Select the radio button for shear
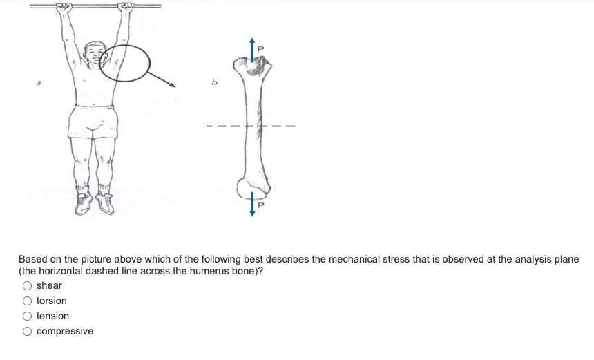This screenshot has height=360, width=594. [x=28, y=285]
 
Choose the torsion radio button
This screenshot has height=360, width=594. [x=28, y=301]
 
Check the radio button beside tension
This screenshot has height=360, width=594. [x=28, y=316]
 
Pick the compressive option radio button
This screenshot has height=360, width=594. [x=28, y=331]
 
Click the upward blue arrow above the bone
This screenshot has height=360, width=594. [x=253, y=48]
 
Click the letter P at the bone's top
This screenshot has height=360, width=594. [x=260, y=49]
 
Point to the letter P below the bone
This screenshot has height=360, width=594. [x=260, y=205]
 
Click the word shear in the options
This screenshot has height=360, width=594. [x=49, y=285]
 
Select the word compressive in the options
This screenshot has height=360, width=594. [x=65, y=331]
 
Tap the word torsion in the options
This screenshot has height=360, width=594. [x=52, y=301]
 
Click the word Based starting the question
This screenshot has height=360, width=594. [x=32, y=259]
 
